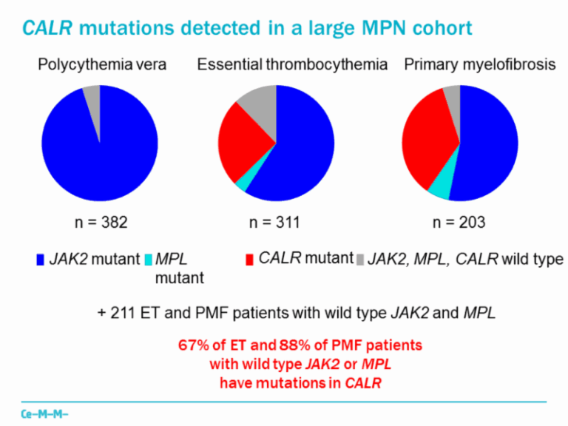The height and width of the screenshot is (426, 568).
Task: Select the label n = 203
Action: pyautogui.click(x=459, y=222)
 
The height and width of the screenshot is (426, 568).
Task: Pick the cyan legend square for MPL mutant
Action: pyautogui.click(x=148, y=260)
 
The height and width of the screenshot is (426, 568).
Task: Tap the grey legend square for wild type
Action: pyautogui.click(x=360, y=260)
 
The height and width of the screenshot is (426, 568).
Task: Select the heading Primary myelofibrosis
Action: pyautogui.click(x=479, y=65)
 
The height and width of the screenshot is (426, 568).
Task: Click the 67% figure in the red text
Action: pyautogui.click(x=191, y=345)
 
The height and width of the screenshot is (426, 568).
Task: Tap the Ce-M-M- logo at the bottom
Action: pyautogui.click(x=44, y=411)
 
